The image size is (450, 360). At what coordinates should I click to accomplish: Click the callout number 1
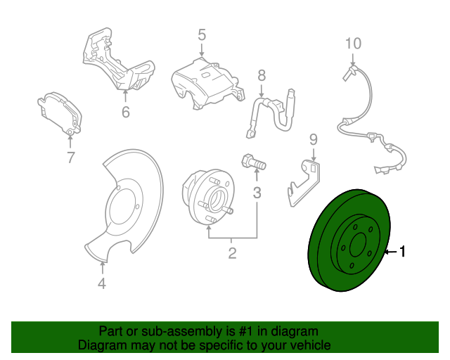pos(402,251)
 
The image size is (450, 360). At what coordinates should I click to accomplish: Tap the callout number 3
pos(257,193)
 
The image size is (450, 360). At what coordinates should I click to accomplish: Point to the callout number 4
pos(103,283)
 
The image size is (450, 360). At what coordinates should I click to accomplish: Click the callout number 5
pos(201,34)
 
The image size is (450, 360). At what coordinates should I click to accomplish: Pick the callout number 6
pos(125,112)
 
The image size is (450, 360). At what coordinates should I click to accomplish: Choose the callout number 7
pos(70,158)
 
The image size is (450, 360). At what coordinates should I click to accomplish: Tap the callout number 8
pos(261,75)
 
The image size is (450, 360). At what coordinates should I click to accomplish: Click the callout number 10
pos(353,44)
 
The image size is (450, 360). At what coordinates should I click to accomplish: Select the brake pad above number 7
pos(60,113)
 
